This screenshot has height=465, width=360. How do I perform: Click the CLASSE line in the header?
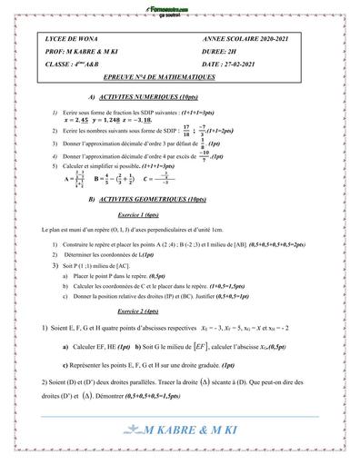[x=73, y=66]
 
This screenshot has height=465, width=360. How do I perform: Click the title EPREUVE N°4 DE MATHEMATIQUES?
[x=182, y=80]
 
